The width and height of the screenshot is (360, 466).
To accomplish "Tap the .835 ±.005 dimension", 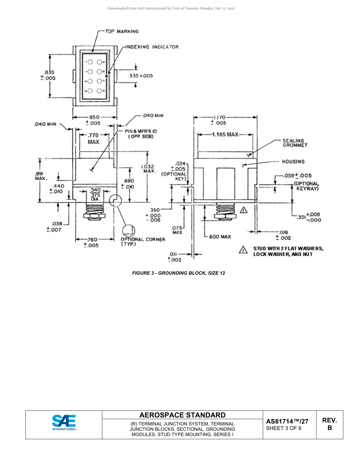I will [50, 75].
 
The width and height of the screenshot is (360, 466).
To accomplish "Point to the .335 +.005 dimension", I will [141, 76].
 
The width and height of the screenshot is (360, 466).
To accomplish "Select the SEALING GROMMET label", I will [295, 143].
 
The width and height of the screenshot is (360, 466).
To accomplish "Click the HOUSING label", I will [293, 161].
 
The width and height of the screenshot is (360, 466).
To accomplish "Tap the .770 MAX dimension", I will [93, 138].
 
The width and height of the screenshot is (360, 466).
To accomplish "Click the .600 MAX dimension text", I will [220, 237].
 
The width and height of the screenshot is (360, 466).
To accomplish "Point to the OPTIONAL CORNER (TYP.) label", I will [143, 242].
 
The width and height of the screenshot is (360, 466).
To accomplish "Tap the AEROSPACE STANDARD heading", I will [182, 415].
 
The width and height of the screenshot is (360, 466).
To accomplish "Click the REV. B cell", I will [329, 424].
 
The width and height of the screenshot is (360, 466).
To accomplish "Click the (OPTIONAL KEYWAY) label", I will [306, 186].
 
